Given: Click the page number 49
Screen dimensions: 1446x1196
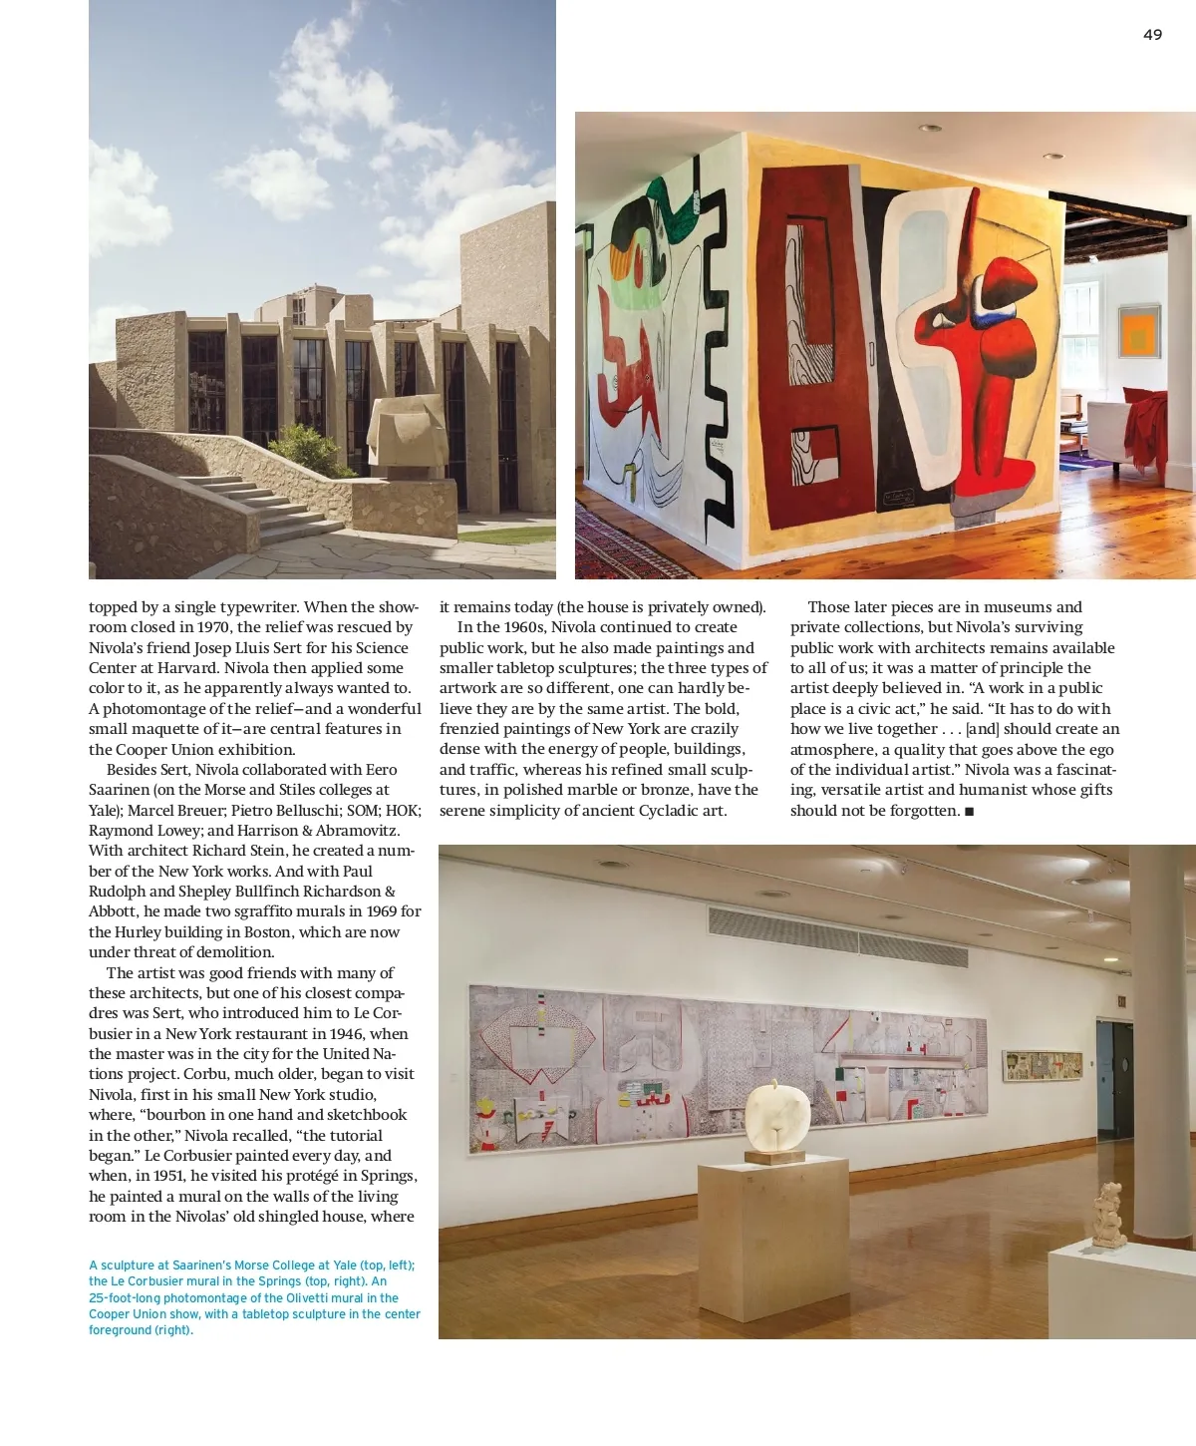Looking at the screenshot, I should (x=1152, y=35).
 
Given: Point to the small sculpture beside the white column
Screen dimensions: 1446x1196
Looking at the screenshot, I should (x=1108, y=1214).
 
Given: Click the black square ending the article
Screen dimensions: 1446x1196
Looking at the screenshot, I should (x=969, y=812).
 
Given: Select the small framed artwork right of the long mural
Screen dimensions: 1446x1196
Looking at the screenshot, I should (x=1042, y=1064).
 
